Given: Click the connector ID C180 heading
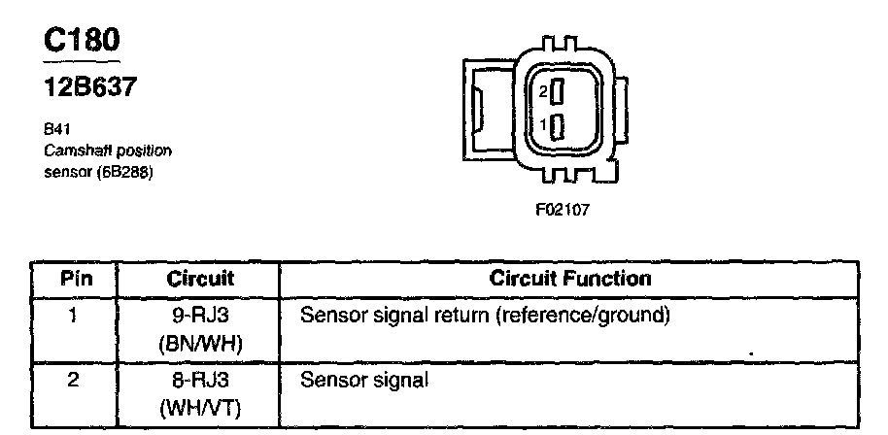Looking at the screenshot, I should point(82,40).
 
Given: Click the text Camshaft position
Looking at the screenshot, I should point(108,151).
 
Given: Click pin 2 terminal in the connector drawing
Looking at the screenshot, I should point(557,94).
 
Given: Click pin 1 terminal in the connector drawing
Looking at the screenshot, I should point(557,127).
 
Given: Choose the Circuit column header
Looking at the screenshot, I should point(197,279).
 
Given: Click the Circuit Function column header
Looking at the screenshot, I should point(569,279).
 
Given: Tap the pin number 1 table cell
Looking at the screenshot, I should point(75,316).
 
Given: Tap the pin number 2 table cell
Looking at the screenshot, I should point(75,380).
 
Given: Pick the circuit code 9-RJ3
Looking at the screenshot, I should point(197,316).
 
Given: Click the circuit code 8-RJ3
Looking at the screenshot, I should point(197,380).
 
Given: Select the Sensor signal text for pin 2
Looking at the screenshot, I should point(363,381).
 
